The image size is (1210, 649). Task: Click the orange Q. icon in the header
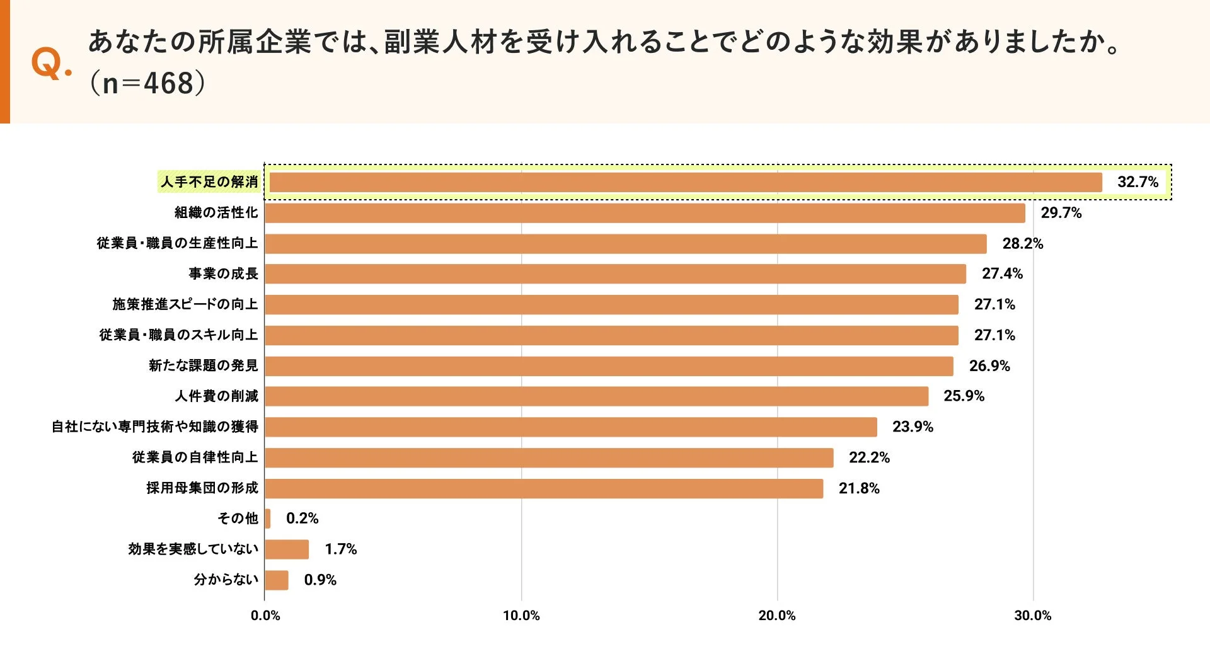coord(50,63)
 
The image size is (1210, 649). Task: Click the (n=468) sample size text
coord(147,83)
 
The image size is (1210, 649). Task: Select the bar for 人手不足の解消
coord(686,182)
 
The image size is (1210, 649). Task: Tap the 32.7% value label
coord(1138,182)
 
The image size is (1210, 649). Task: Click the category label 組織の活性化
coord(216,212)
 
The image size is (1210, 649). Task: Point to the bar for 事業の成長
coord(615,274)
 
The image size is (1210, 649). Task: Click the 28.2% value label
coord(1022,243)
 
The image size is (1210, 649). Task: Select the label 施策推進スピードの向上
coord(185,304)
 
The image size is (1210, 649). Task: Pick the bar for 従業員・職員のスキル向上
coord(611,335)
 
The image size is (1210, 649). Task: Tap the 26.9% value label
coord(989,366)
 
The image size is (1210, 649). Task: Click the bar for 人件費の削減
coord(596,396)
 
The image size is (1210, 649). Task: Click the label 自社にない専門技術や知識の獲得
coord(155,427)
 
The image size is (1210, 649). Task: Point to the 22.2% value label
coord(869,457)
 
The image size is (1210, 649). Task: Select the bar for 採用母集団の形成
coord(544,488)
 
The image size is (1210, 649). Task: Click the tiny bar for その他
coord(268,519)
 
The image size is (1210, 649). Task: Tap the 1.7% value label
coord(340,549)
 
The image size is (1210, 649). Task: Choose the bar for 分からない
coord(277,580)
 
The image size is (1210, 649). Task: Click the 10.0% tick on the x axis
coord(521,616)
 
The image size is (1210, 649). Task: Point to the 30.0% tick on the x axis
coord(1032,616)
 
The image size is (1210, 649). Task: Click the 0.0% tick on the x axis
coord(265,616)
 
